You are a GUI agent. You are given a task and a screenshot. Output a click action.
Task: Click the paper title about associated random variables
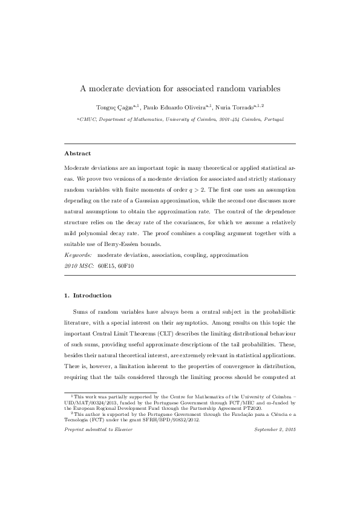pyautogui.click(x=180, y=88)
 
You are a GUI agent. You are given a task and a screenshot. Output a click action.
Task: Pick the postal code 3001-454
pyautogui.click(x=230, y=120)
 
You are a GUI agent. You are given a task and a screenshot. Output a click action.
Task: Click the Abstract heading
pyautogui.click(x=77, y=154)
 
